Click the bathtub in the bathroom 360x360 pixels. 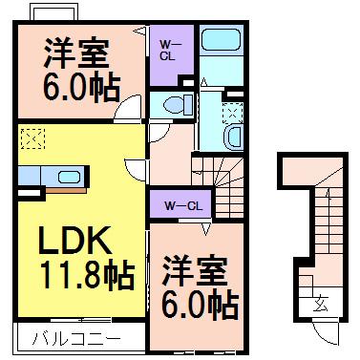coord(221,40)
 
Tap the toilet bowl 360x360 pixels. coord(175,104)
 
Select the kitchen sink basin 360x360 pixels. coord(69,177)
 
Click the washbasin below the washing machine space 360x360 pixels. coord(234,137)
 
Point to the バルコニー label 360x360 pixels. coord(76,338)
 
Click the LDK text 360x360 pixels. coord(75,241)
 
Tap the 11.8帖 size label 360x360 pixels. coord(86,275)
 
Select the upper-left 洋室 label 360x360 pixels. coord(76,54)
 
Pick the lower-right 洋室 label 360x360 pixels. coord(195,272)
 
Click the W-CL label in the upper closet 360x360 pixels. coord(167,50)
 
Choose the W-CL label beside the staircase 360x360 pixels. coord(183,206)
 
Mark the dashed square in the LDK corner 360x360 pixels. coord(32,138)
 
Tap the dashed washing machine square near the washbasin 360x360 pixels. coord(232,114)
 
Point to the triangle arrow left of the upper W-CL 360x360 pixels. coord(140,31)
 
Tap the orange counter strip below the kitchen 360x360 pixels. coord(66,190)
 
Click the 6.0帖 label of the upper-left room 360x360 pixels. coord(81,88)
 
